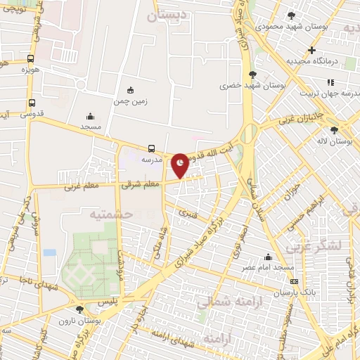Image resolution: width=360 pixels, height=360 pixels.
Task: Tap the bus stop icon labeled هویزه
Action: tap(30, 59)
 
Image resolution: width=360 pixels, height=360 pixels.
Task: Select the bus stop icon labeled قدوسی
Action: tap(30, 102)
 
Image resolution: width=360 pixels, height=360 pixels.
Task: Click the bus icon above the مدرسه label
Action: tap(152, 148)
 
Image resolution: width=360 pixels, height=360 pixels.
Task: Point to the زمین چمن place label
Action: tap(130, 101)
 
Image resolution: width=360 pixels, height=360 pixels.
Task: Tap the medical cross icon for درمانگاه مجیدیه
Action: tap(311, 50)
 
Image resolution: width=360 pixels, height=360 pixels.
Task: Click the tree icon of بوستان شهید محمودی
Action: tap(291, 15)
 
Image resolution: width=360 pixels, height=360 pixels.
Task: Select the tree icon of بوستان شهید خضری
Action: tap(252, 74)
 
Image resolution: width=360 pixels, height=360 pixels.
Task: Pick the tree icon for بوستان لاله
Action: tap(334, 130)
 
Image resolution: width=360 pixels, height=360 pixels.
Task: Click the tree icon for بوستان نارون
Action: tap(79, 309)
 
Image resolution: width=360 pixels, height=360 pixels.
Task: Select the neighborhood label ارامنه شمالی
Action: tap(224, 303)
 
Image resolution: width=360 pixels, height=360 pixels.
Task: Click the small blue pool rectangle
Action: tap(49, 252)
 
